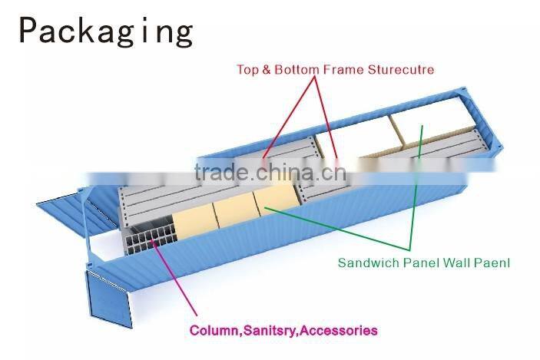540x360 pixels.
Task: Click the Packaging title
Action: [x=106, y=31]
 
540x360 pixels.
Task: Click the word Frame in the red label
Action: [x=343, y=70]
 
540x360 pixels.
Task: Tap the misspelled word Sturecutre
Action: [x=400, y=70]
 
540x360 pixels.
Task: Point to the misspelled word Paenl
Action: [x=492, y=263]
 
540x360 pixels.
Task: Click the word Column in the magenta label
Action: [x=214, y=330]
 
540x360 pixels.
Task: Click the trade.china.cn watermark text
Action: [x=270, y=172]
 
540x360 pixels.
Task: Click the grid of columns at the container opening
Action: [x=151, y=236]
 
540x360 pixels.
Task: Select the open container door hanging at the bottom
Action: [x=108, y=299]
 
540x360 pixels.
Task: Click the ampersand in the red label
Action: [x=267, y=70]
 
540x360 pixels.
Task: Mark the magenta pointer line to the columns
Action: [x=174, y=277]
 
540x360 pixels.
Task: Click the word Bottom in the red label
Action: [x=297, y=70]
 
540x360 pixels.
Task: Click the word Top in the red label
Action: [x=247, y=70]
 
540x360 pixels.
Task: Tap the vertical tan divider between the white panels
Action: [x=396, y=130]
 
